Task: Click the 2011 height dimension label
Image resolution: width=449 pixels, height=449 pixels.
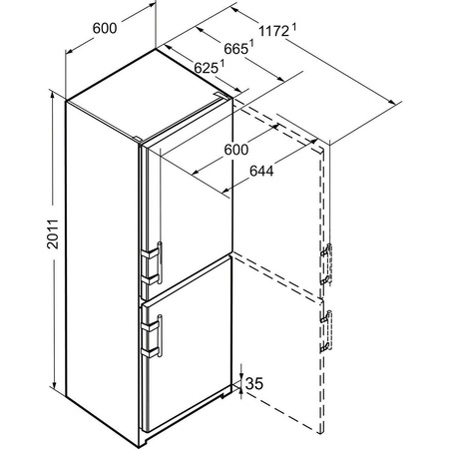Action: click(53, 233)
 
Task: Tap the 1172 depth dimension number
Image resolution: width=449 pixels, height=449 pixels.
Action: click(273, 31)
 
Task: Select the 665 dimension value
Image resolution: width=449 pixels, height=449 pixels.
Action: click(235, 49)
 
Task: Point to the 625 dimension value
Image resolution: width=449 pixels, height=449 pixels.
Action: click(206, 68)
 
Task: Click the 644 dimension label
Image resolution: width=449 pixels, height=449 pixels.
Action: click(261, 171)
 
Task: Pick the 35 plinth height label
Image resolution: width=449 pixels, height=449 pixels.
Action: click(254, 383)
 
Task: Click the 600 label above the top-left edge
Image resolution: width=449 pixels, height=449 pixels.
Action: click(105, 28)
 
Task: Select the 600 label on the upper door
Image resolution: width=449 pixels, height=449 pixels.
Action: click(236, 150)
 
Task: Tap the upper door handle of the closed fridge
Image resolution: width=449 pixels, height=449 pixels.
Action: click(153, 263)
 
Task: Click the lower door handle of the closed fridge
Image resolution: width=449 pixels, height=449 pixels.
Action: click(153, 336)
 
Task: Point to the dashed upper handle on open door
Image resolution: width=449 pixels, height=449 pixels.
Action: click(326, 264)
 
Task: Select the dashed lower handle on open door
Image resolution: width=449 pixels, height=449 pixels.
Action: click(326, 331)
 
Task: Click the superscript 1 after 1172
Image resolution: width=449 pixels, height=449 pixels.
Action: click(294, 27)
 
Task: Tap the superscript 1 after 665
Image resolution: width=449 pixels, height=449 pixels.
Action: click(251, 44)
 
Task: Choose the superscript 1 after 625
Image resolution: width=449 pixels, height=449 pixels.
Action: click(222, 63)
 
